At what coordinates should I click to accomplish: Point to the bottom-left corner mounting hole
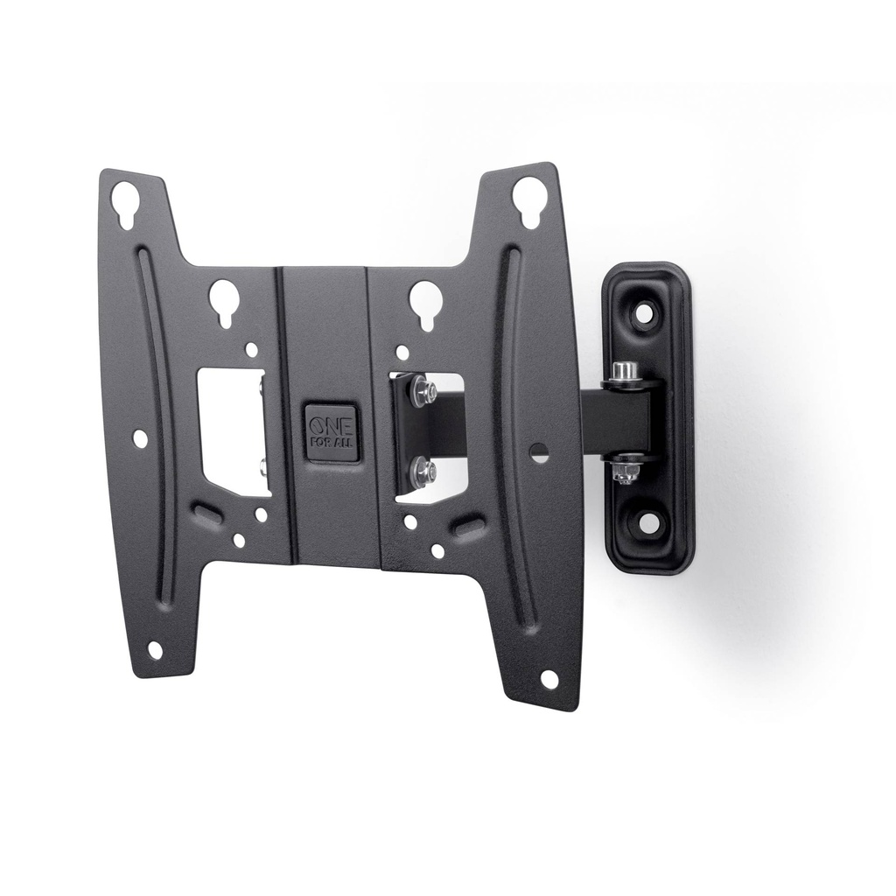154,650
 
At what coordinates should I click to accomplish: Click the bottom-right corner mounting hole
549,679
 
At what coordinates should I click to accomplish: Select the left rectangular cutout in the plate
233,431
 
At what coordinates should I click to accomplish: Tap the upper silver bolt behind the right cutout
423,390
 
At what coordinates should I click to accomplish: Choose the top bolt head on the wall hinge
624,371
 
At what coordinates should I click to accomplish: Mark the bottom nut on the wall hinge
624,472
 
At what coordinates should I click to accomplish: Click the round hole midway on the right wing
539,452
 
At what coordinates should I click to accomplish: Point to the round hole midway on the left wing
139,437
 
